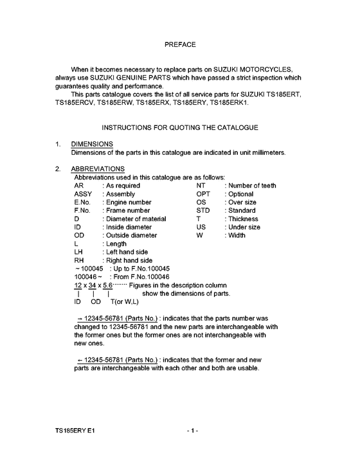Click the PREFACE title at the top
coord(180,44)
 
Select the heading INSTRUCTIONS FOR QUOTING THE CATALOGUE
coord(180,128)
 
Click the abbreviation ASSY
coord(84,194)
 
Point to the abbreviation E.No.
coord(84,202)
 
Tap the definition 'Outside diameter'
coord(131,236)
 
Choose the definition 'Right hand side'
coord(130,261)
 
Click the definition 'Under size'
coord(244,228)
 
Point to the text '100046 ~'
coord(88,278)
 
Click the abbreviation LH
coord(79,253)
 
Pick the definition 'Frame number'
coord(128,211)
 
